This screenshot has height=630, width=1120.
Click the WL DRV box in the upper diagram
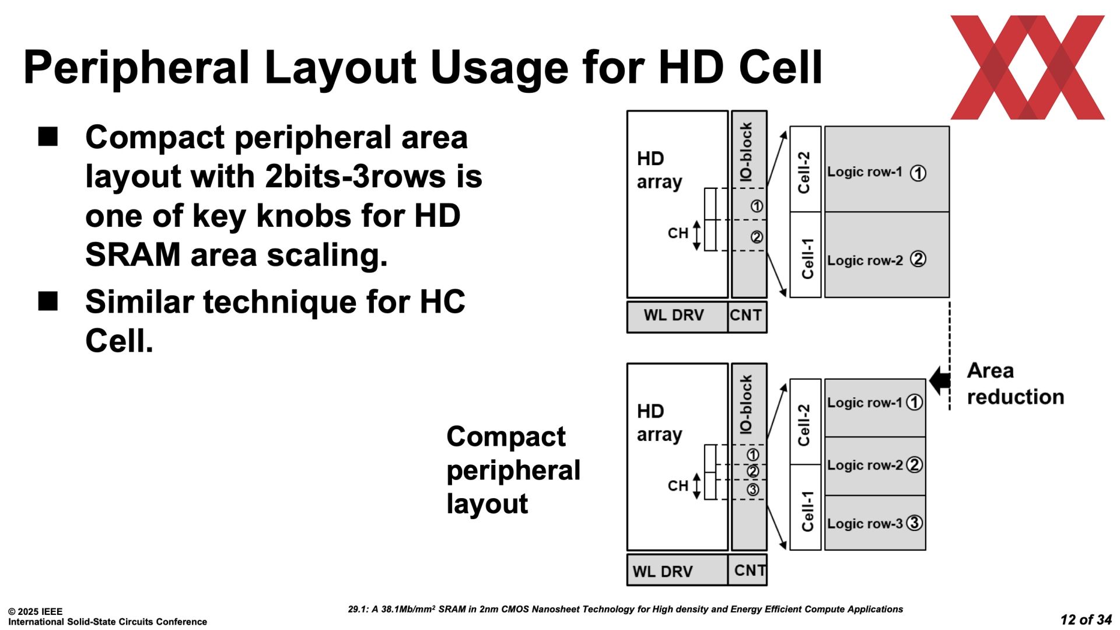tap(677, 317)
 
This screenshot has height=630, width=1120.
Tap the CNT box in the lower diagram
tap(748, 570)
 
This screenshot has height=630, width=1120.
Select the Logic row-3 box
tap(875, 523)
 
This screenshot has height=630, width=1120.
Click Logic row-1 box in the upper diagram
tap(887, 169)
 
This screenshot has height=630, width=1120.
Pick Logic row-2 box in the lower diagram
tap(875, 466)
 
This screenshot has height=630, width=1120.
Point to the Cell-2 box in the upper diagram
tap(806, 169)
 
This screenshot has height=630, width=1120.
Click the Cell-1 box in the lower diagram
tap(806, 508)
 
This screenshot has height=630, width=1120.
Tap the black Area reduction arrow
tap(939, 381)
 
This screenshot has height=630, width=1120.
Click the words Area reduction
tap(1016, 384)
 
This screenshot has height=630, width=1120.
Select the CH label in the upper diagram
tap(678, 233)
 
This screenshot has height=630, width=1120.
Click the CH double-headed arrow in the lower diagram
tap(696, 487)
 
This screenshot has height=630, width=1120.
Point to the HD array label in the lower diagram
tap(659, 423)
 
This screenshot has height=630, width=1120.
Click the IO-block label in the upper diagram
tap(746, 152)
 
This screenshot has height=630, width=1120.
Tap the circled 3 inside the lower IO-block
tap(753, 490)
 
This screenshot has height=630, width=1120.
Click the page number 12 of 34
tap(1086, 619)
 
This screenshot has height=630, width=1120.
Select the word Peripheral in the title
tap(137, 69)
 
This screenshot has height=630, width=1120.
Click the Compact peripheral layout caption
tap(513, 470)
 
